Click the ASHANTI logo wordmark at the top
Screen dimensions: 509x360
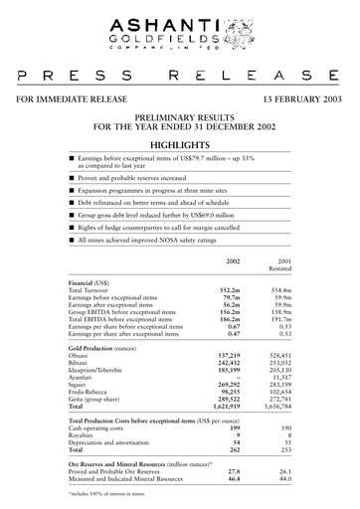(179, 17)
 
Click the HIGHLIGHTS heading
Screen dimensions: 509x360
(180, 145)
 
